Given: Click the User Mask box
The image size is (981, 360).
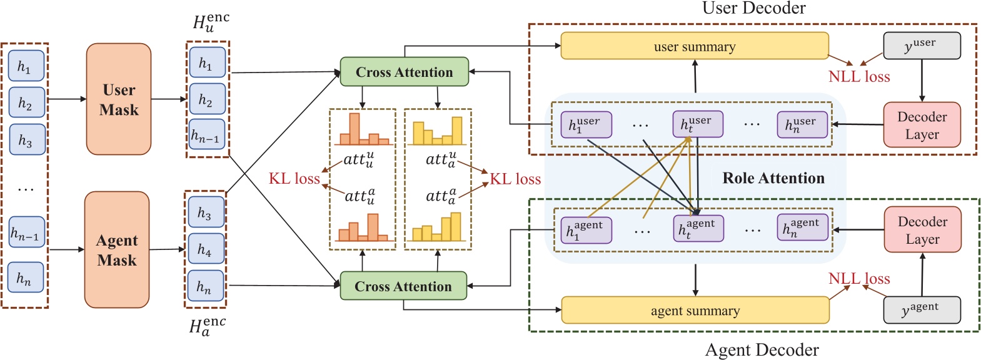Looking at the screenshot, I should coord(119,99).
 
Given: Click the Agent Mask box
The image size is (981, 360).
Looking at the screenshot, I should coord(117,249).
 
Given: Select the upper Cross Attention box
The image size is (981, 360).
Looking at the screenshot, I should coord(405,72).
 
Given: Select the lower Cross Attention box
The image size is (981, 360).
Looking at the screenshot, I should coord(403,286).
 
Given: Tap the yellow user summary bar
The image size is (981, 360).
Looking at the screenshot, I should coord(694,46).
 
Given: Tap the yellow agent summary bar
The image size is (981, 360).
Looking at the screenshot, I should coord(695,311).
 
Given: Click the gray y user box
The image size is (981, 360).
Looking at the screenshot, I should coord(921,46).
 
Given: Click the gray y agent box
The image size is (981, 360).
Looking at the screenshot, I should coord(921,310).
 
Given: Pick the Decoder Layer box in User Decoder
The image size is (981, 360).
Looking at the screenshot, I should coord(922,125).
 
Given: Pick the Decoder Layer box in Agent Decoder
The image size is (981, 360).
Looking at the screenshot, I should coord(922,230).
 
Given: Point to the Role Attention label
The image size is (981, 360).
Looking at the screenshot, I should coord(773,178).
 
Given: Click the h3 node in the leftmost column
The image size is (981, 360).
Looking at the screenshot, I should coord(26,140).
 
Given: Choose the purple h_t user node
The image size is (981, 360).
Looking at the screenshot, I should coord(697,124).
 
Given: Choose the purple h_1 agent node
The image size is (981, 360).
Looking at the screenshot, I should coord(585,230).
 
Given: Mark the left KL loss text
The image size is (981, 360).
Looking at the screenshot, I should coord(294,179).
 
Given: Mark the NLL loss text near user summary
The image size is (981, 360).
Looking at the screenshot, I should coord(858,77).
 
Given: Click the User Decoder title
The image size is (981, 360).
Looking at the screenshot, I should coord(753,8).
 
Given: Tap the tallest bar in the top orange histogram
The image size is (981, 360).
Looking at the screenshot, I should coord(355,128).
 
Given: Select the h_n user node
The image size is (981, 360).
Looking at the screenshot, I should coord(802,124).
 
